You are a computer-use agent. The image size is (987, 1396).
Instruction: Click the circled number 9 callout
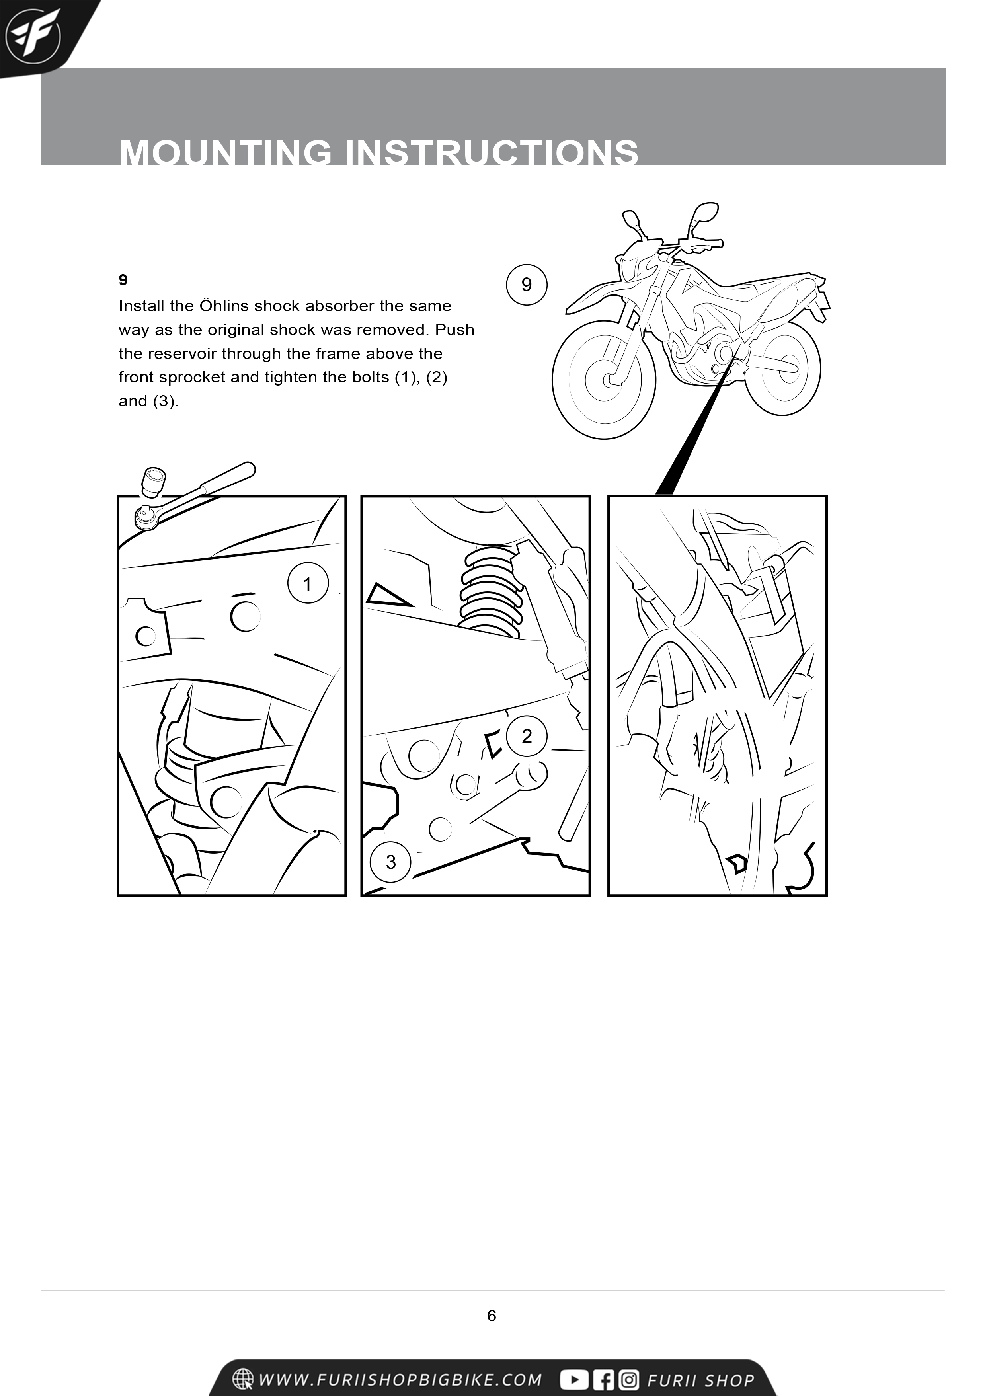(527, 285)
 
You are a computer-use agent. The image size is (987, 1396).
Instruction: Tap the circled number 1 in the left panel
(308, 584)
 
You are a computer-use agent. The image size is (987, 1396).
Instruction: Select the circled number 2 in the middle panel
(527, 736)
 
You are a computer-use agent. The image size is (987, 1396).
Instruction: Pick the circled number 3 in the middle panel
(390, 862)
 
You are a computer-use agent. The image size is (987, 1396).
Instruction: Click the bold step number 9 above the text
(123, 280)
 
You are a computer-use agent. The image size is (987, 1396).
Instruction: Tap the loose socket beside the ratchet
(154, 483)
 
